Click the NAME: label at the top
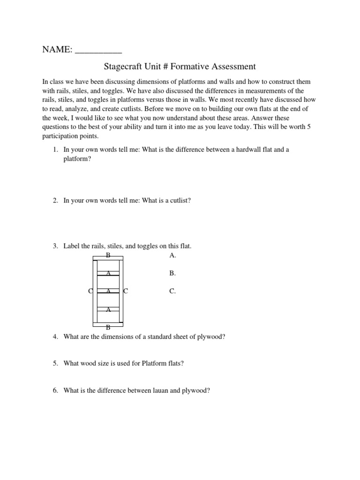point(57,49)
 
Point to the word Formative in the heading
point(195,67)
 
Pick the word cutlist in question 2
point(179,201)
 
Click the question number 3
point(55,246)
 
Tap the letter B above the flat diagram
point(108,255)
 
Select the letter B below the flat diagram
point(108,328)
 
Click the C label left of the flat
point(90,291)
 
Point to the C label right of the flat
point(125,291)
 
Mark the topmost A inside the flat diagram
point(108,273)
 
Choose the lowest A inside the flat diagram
point(108,309)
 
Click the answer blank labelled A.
point(172,255)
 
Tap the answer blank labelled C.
point(172,291)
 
